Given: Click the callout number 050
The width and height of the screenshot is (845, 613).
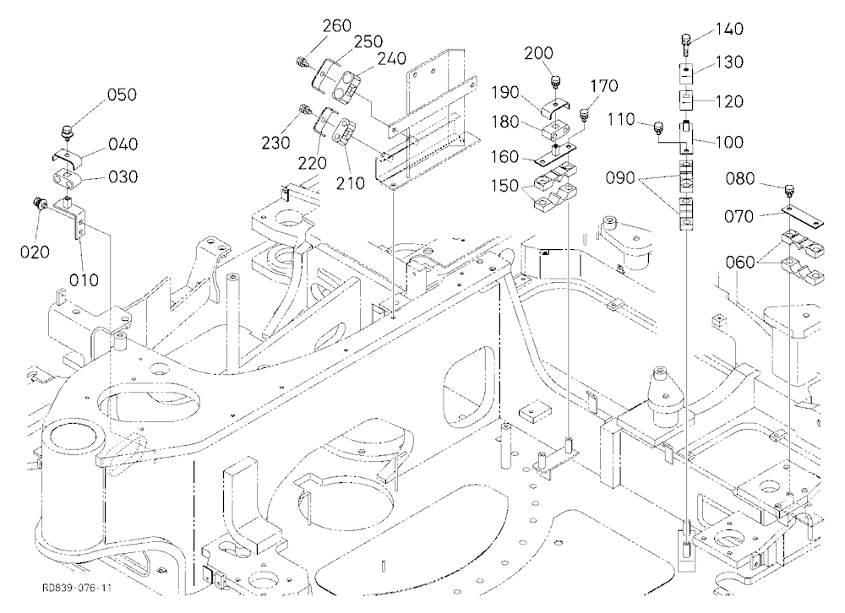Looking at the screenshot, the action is pyautogui.click(x=122, y=95).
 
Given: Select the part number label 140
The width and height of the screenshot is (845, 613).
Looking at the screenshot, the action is pyautogui.click(x=730, y=29).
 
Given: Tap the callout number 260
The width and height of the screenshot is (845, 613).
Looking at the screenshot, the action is pyautogui.click(x=337, y=25).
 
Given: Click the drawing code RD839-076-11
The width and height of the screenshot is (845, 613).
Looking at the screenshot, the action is pyautogui.click(x=77, y=588).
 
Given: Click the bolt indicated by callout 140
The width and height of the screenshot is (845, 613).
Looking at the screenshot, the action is pyautogui.click(x=685, y=44).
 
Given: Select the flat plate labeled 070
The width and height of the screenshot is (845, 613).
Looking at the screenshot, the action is pyautogui.click(x=803, y=216).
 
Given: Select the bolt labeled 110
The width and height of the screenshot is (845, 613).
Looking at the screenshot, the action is pyautogui.click(x=657, y=127).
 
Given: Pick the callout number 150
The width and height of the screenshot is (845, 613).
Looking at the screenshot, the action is pyautogui.click(x=505, y=186).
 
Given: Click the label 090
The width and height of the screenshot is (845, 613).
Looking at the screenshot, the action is pyautogui.click(x=620, y=178).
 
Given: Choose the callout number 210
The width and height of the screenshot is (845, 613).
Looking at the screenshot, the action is pyautogui.click(x=351, y=183).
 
